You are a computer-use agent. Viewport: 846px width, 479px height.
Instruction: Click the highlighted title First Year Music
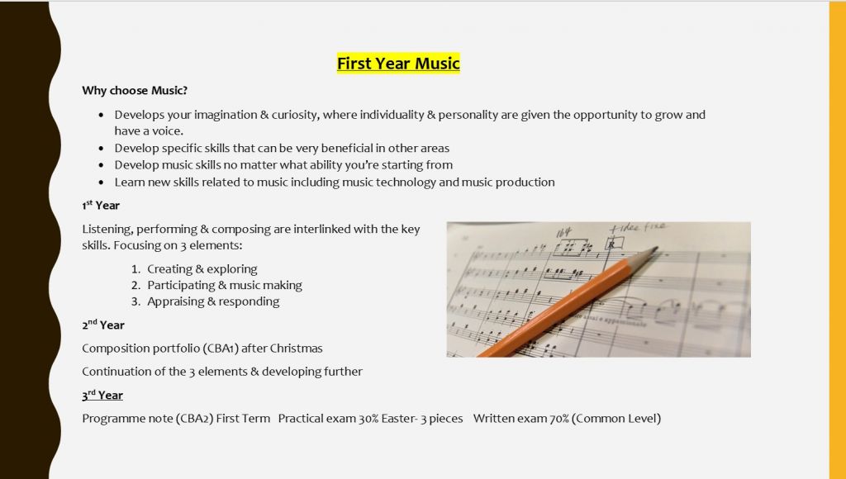398,63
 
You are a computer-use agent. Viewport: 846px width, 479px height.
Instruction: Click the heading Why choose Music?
135,91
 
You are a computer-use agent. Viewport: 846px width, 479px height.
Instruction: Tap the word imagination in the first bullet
226,115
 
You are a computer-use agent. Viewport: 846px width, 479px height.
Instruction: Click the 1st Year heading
101,205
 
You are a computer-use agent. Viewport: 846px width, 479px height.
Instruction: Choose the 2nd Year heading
103,325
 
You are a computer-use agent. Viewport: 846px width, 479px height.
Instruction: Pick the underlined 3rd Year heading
102,395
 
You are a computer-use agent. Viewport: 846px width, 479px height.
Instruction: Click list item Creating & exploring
202,269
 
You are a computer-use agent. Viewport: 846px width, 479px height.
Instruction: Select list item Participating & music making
225,286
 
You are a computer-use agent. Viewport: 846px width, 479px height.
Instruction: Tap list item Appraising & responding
213,301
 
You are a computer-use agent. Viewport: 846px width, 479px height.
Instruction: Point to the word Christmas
296,349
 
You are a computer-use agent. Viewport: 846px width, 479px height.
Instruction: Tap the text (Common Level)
616,419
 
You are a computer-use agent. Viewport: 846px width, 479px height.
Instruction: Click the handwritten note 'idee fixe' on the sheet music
638,228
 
